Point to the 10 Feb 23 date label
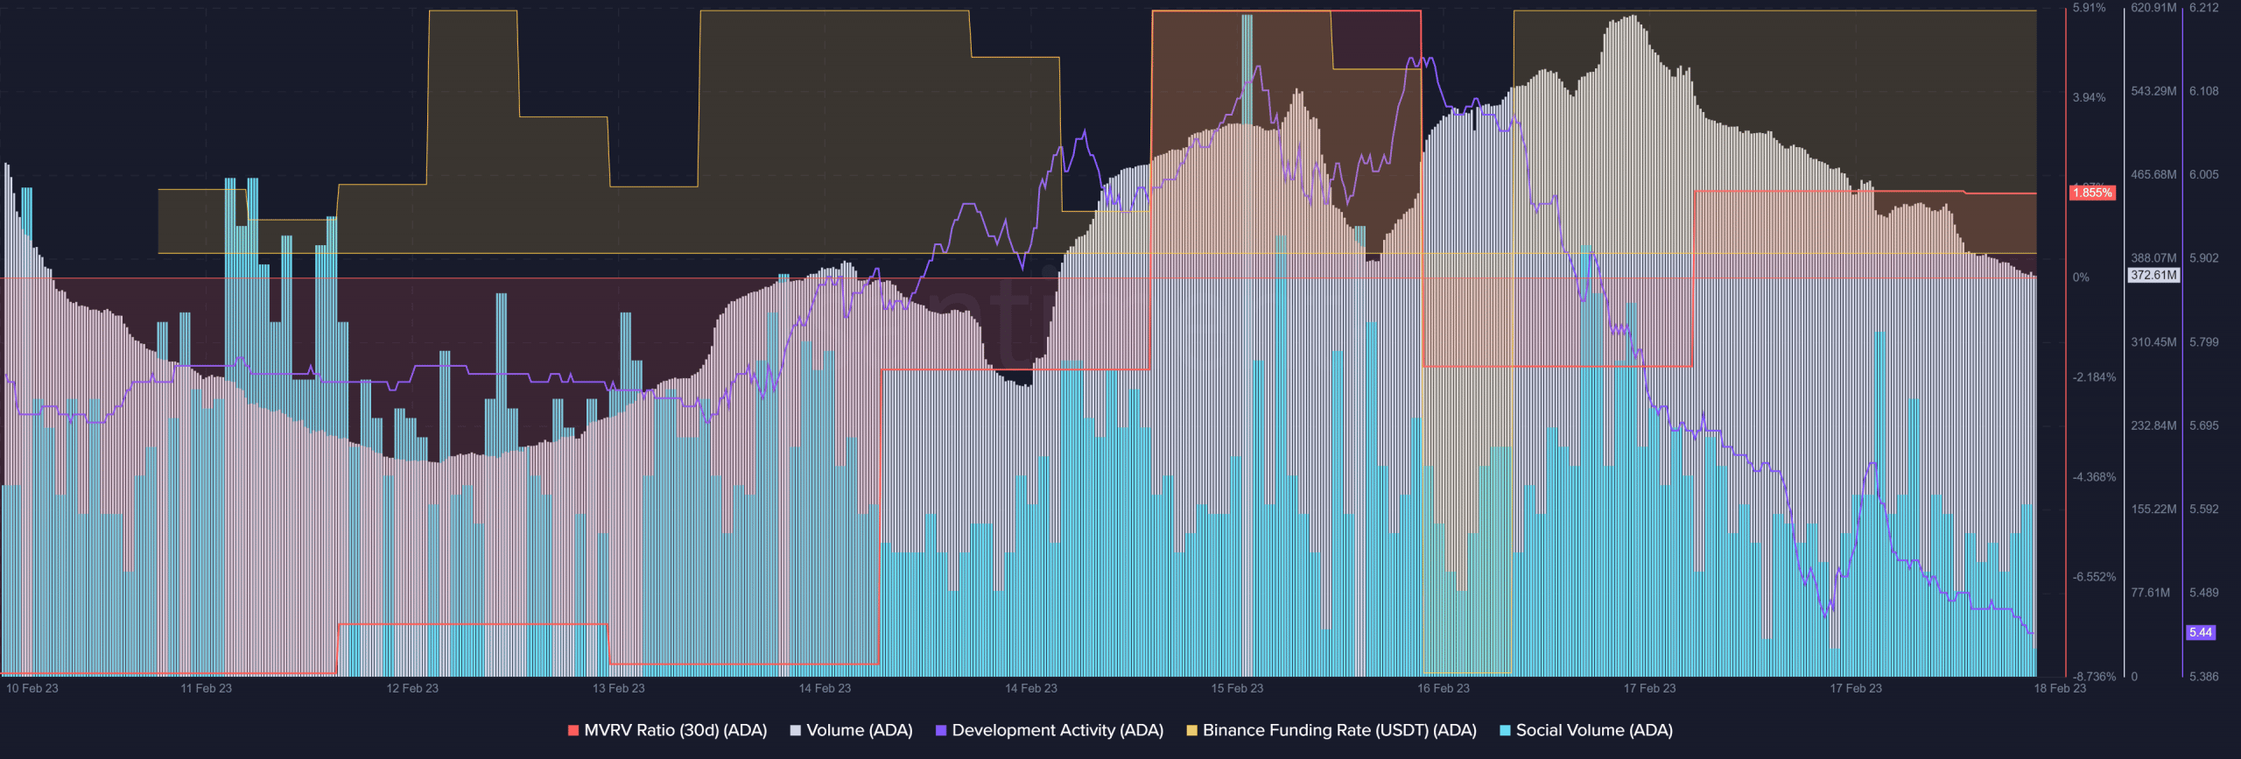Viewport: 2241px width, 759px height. point(32,688)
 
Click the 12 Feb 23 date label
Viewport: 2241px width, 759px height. point(412,688)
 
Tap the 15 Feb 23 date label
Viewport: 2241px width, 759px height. point(1237,688)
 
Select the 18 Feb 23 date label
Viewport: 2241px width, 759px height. point(2060,688)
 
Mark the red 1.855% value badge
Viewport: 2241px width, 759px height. point(2092,193)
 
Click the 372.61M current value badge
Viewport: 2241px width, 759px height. point(2153,275)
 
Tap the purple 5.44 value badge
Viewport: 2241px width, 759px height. point(2201,632)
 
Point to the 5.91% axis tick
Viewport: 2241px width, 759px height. point(2089,8)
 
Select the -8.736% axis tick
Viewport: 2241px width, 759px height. point(2094,677)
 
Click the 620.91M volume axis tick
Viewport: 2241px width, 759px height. point(2153,8)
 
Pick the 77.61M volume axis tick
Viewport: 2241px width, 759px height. point(2151,593)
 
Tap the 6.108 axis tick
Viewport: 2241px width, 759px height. point(2204,91)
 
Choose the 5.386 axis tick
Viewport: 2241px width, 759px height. point(2204,677)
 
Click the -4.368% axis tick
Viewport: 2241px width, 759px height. point(2094,477)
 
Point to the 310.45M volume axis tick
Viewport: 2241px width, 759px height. point(2153,342)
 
